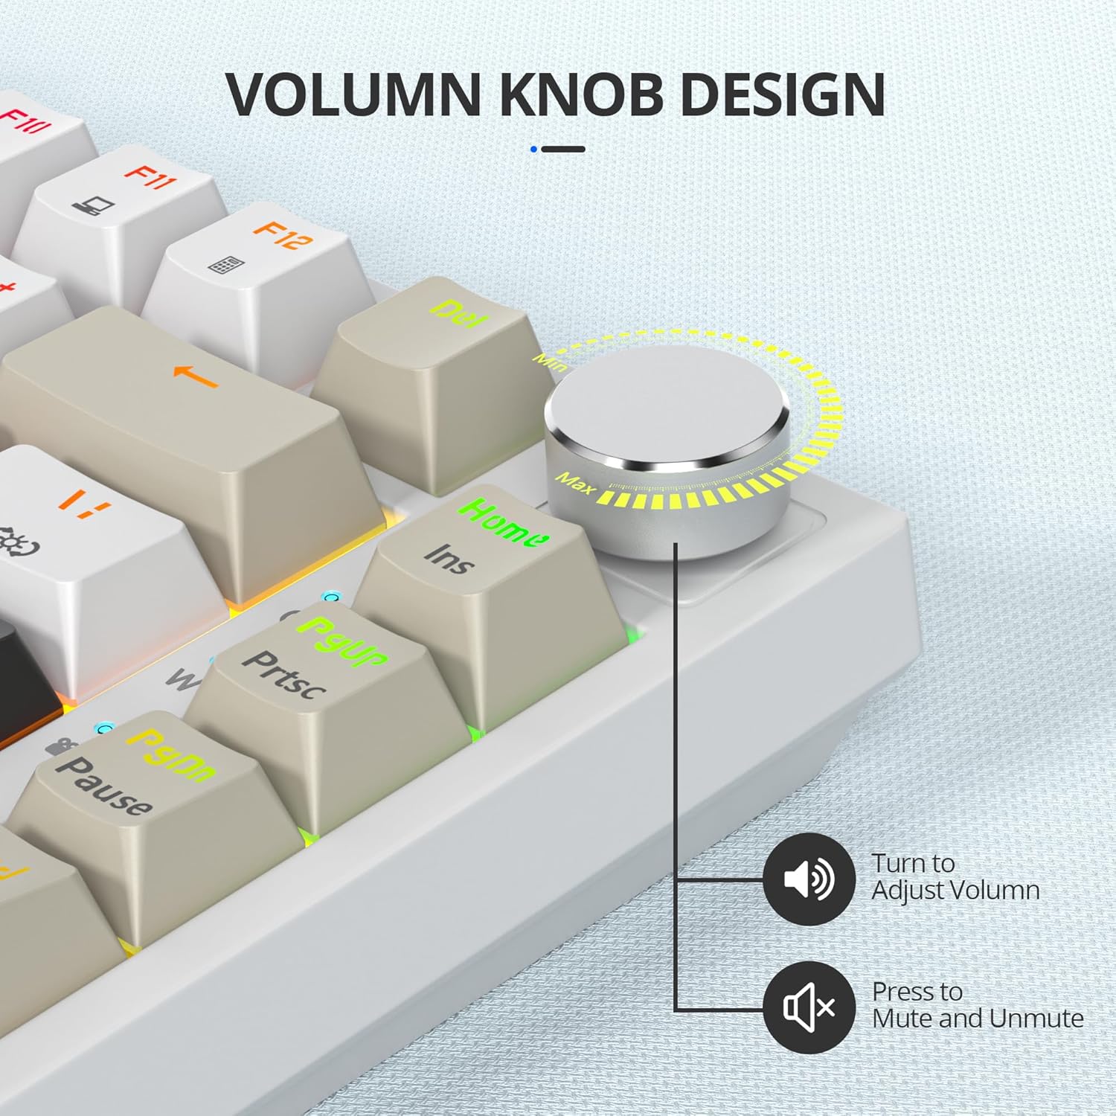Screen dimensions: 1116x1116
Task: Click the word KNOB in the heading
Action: click(580, 95)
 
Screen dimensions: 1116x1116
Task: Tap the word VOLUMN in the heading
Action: click(353, 95)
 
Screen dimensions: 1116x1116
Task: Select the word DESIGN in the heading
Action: click(782, 95)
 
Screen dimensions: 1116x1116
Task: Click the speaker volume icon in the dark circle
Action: click(809, 879)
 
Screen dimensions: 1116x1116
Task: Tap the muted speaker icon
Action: click(809, 1007)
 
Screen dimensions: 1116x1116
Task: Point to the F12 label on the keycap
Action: click(283, 234)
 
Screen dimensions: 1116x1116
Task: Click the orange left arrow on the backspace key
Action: click(195, 375)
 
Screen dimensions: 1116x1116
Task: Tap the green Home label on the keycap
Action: click(504, 522)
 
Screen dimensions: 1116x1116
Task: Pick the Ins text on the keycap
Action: click(449, 559)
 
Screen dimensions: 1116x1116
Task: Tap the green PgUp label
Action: click(342, 641)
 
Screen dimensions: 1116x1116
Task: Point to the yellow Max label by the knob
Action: click(575, 484)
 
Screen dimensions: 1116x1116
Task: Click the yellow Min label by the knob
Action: click(550, 362)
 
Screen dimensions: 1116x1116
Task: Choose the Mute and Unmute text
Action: click(977, 1018)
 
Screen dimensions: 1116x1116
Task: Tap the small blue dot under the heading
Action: click(533, 149)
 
